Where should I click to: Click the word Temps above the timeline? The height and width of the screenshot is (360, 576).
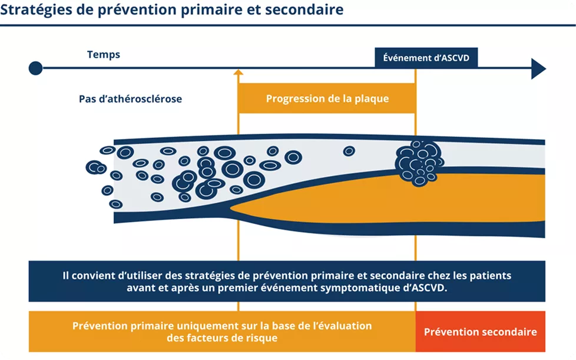[104, 55]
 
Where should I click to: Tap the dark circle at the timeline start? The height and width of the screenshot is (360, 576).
[35, 68]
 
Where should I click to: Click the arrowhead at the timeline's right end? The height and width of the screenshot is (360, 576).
[538, 68]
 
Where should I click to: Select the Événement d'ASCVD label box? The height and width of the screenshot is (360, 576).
[426, 58]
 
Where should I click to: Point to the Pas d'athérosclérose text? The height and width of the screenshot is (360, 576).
[130, 99]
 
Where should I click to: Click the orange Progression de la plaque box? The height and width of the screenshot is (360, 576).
[327, 98]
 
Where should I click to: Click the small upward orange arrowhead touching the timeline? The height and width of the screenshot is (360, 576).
[239, 73]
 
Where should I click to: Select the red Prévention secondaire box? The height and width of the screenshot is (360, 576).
[480, 332]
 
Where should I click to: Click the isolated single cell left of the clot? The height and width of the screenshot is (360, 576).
[349, 151]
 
